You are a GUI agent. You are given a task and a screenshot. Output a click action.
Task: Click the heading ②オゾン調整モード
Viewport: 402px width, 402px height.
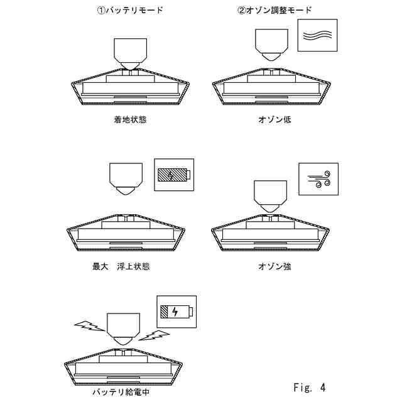[x=274, y=10]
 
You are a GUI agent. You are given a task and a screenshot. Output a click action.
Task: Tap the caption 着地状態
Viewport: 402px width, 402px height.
[x=131, y=119]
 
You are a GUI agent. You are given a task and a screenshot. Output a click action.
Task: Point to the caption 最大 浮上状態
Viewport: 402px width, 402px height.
[x=121, y=266]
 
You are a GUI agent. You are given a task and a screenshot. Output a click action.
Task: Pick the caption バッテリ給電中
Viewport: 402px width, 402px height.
[x=121, y=393]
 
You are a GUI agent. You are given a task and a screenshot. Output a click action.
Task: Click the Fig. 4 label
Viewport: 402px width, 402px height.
[x=309, y=387]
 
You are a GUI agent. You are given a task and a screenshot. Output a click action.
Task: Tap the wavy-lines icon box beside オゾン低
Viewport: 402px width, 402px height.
[x=317, y=35]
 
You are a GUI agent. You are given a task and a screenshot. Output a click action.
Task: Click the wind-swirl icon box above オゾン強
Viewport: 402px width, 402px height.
[x=318, y=180]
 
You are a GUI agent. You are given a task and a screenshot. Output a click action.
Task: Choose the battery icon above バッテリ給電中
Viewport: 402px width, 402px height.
[x=177, y=312]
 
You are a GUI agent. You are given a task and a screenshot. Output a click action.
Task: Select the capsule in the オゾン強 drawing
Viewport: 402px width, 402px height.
[x=271, y=195]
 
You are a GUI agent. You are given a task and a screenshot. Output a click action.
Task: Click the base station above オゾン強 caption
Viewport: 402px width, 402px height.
[x=271, y=236]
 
